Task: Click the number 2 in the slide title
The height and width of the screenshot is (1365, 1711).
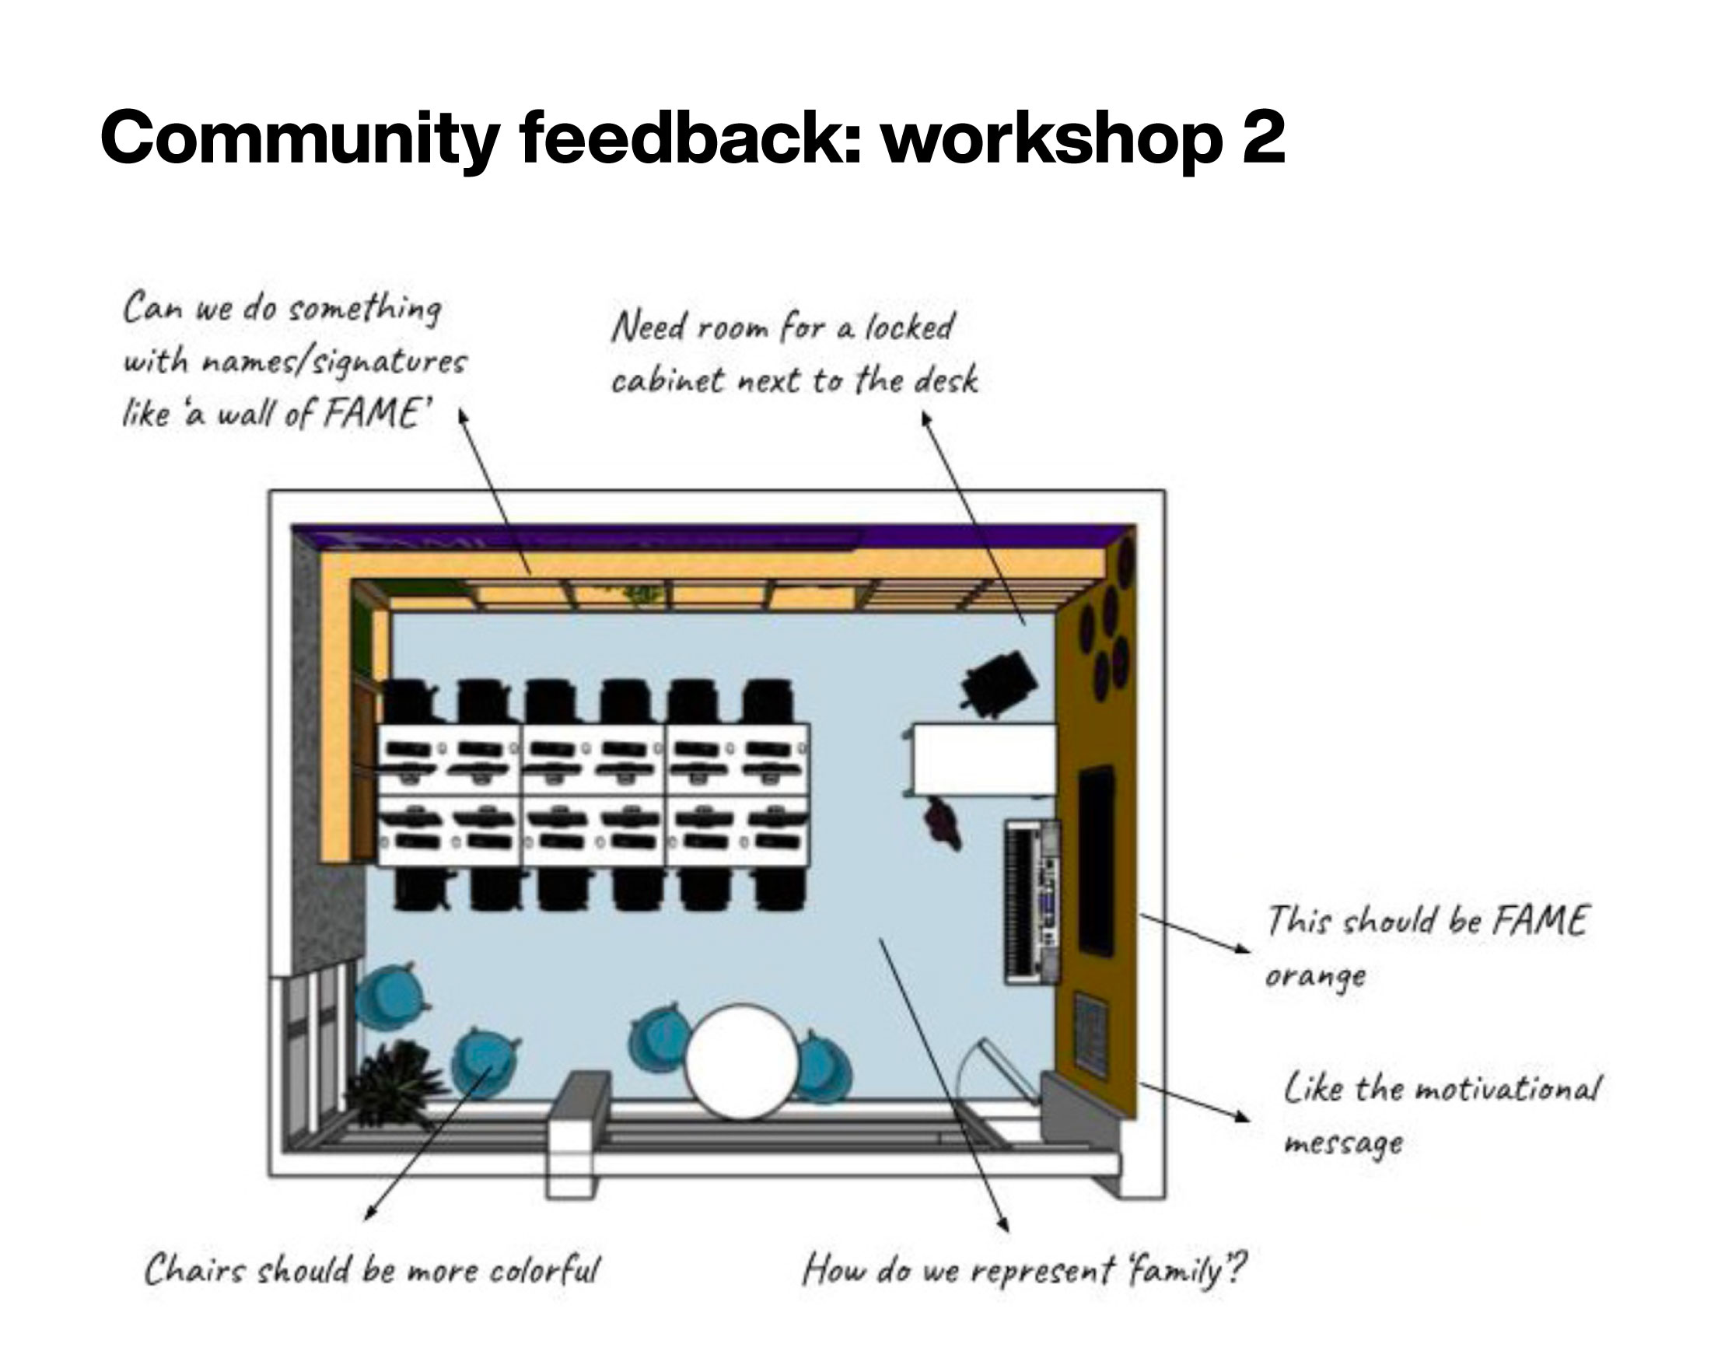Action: click(1258, 137)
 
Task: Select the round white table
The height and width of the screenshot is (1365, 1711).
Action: click(741, 1061)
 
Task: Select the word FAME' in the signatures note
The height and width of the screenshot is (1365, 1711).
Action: click(374, 413)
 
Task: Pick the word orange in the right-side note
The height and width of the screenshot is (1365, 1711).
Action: click(1315, 975)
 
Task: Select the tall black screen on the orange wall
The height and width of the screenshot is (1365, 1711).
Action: click(1096, 859)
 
